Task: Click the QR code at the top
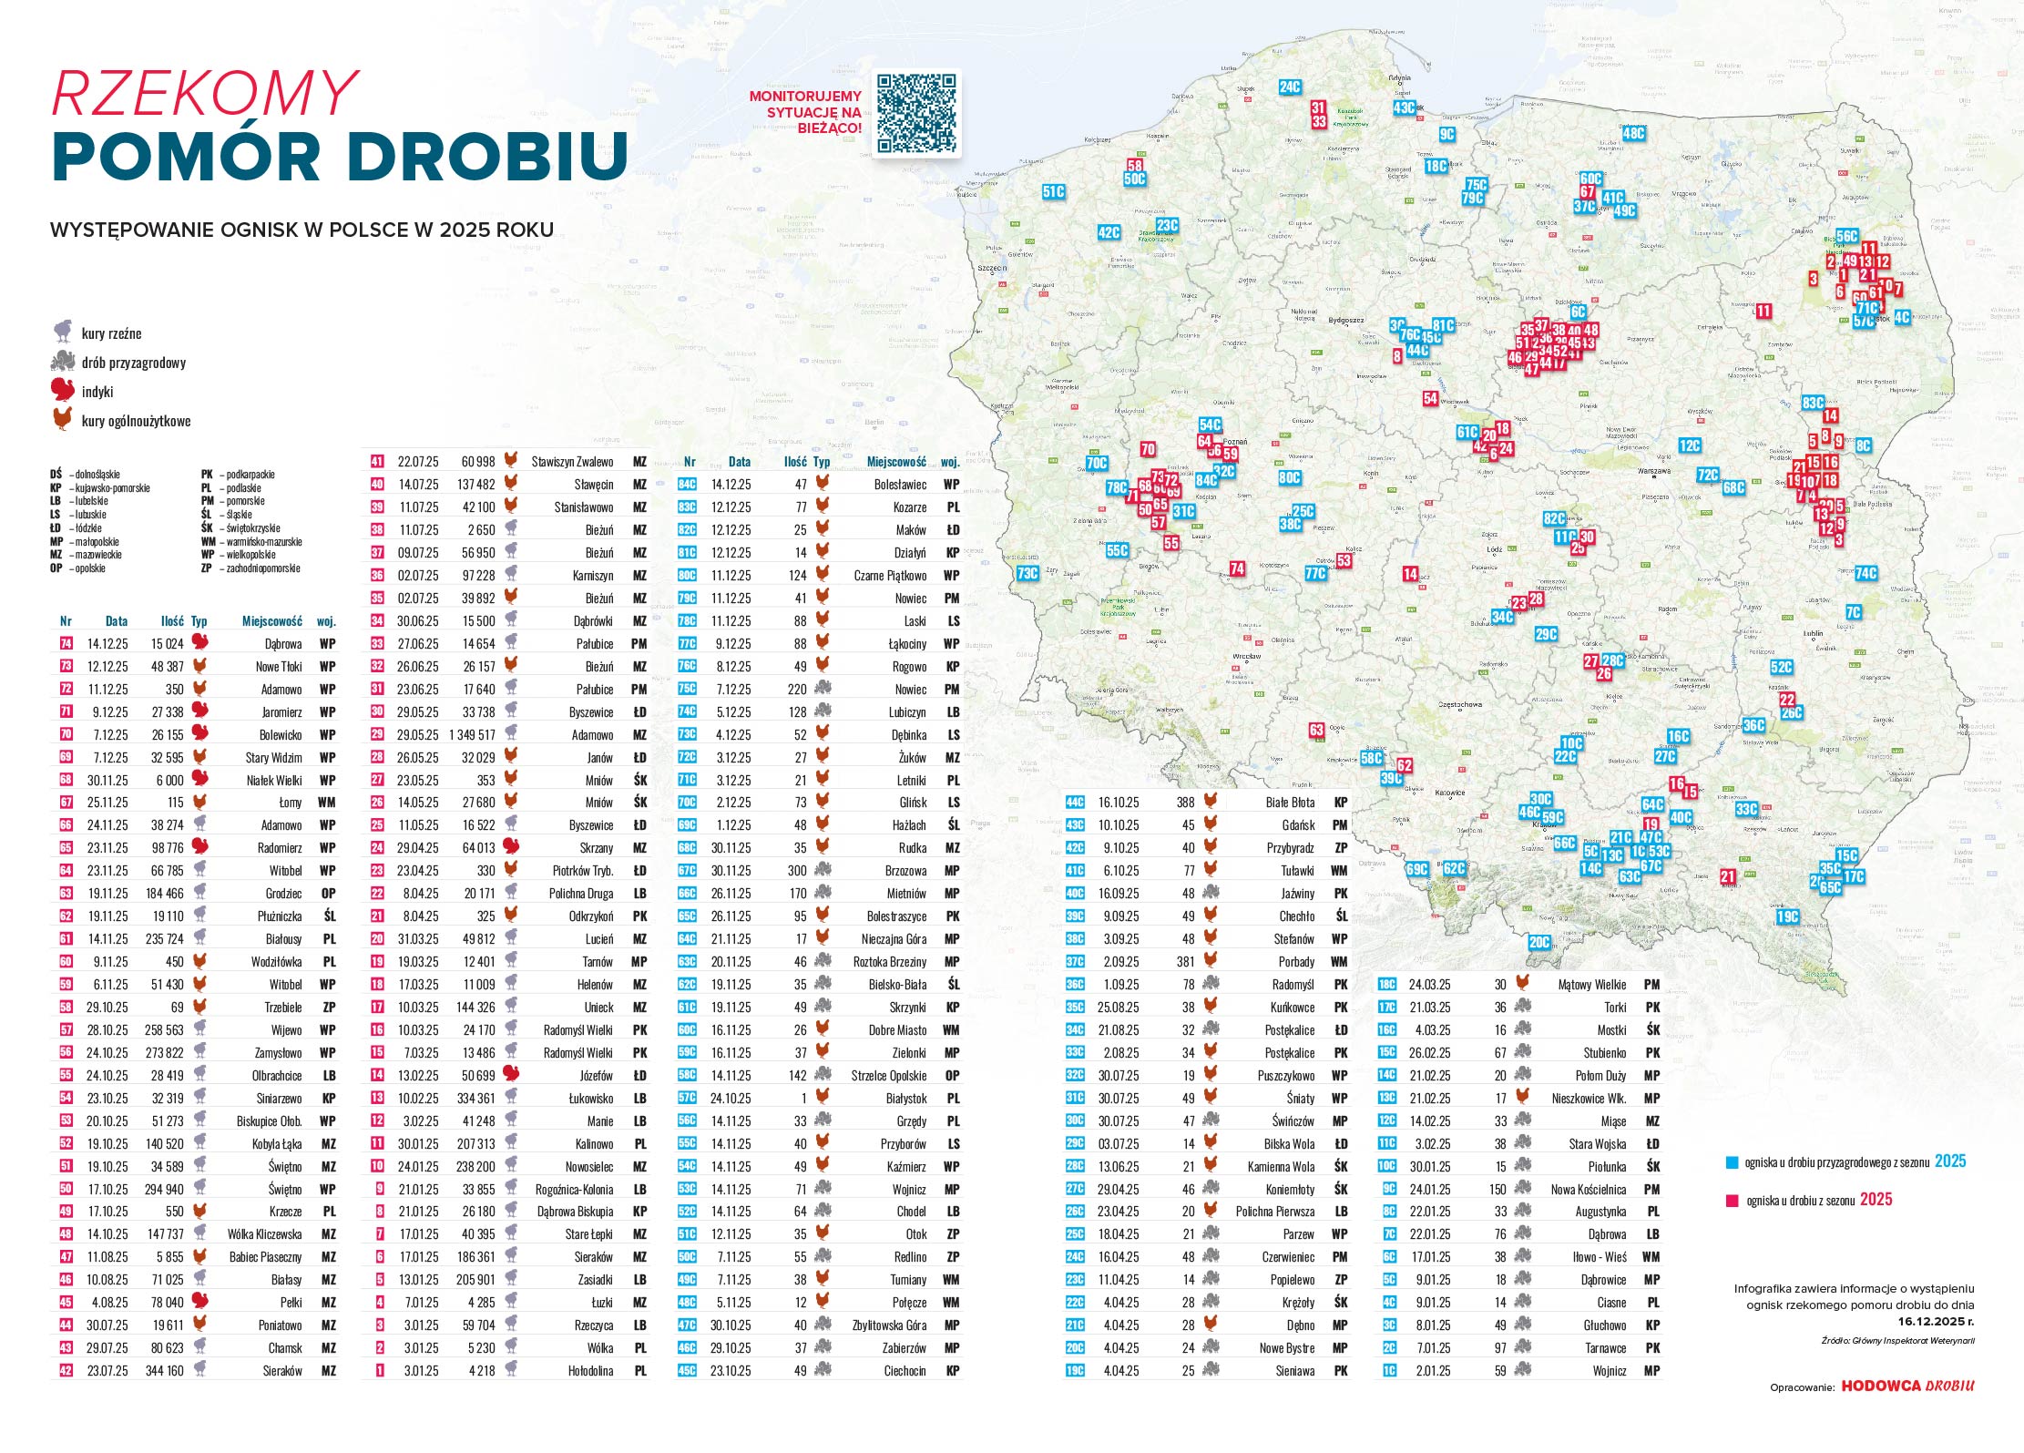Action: coord(916,113)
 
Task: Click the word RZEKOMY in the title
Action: coord(204,93)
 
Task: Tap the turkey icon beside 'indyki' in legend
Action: coord(63,391)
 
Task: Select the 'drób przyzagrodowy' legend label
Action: coord(133,363)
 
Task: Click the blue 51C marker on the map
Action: coord(1053,191)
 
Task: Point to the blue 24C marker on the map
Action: coord(1289,87)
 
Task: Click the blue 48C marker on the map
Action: coord(1633,133)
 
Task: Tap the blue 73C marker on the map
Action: coord(1027,573)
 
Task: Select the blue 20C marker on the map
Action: coord(1538,942)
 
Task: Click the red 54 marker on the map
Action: coord(1430,398)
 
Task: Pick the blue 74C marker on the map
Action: coord(1866,573)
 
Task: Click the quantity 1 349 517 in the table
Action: coord(472,735)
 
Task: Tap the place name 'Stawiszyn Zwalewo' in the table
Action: coord(572,462)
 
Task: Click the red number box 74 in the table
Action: coord(66,644)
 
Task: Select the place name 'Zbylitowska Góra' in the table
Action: coord(889,1325)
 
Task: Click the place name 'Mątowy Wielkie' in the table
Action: coord(1591,985)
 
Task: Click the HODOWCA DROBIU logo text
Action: coord(1907,1386)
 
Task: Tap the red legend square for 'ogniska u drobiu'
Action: coord(1732,1201)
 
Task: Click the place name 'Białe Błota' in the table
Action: coord(1290,803)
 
